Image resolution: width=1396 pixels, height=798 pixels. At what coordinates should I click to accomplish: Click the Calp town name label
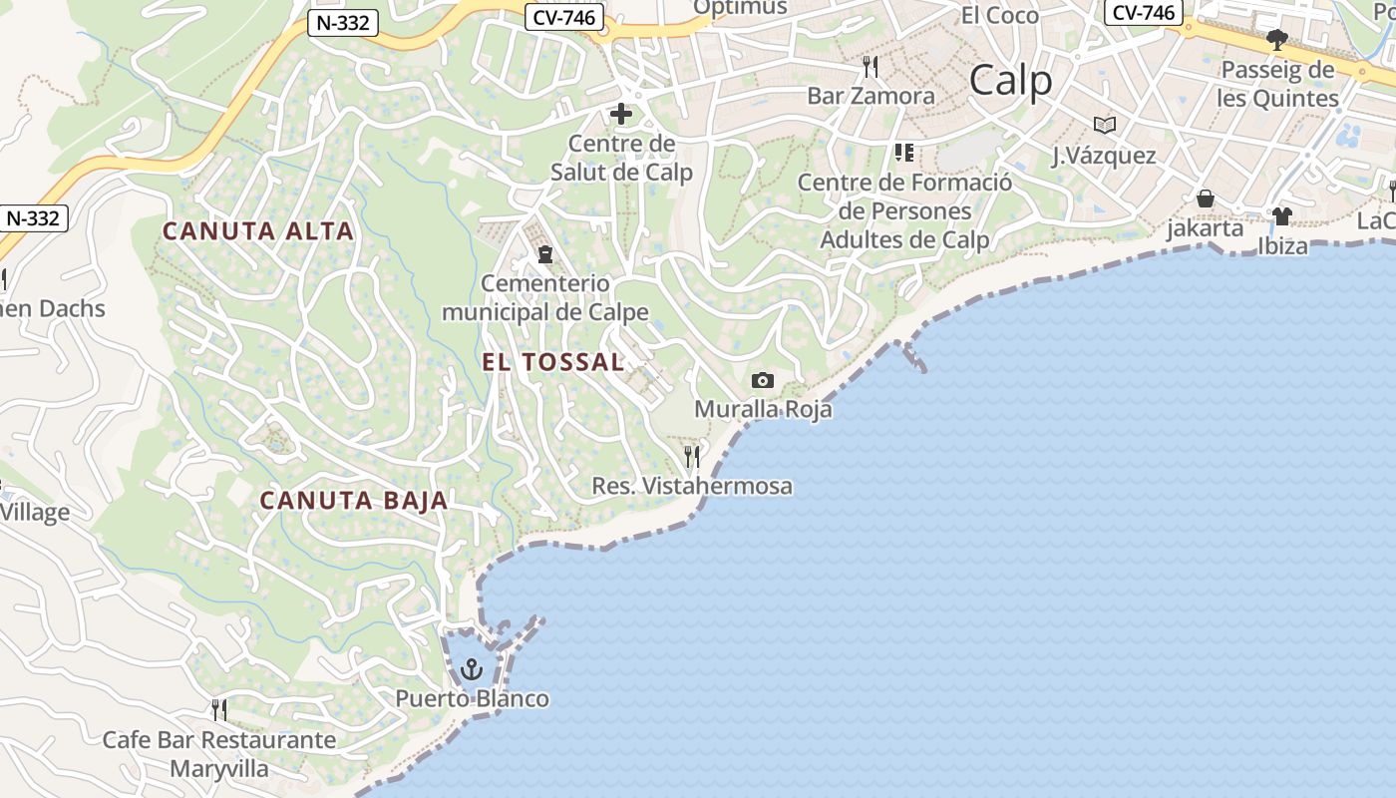click(1010, 81)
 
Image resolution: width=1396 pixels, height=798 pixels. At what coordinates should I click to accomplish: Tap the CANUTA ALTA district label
click(258, 231)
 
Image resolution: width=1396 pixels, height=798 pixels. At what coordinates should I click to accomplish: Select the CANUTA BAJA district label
click(354, 501)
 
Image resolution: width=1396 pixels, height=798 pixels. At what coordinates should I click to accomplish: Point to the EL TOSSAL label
click(553, 362)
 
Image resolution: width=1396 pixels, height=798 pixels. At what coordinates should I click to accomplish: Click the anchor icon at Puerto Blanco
click(472, 668)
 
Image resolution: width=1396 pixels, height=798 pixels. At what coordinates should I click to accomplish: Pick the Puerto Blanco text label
click(473, 698)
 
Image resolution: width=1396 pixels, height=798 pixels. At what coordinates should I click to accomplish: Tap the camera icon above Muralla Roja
click(763, 380)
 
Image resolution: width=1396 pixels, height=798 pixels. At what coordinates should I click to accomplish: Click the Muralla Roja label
click(763, 409)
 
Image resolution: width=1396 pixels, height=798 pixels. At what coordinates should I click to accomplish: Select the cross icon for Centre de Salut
click(621, 114)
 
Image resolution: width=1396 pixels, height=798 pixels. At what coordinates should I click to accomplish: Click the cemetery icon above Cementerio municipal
click(545, 254)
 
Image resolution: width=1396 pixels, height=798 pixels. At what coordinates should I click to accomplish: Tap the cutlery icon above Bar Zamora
click(871, 67)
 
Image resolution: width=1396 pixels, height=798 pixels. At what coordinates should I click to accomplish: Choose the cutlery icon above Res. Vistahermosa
click(692, 457)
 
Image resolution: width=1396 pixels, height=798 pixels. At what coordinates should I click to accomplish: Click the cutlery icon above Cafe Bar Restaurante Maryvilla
click(219, 710)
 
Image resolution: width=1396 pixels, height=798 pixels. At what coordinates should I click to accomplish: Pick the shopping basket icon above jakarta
click(1206, 199)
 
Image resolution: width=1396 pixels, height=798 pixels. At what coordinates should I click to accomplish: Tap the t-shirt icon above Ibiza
click(1282, 215)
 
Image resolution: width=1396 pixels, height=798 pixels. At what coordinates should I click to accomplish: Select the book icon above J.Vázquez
click(1104, 125)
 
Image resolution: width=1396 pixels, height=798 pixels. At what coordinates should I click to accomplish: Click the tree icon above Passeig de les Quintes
click(1277, 41)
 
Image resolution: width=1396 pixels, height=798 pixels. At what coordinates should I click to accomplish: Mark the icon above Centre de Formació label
click(904, 153)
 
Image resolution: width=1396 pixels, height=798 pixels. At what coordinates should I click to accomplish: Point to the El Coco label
click(999, 16)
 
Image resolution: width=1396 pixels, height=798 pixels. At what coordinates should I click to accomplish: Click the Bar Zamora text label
click(871, 97)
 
